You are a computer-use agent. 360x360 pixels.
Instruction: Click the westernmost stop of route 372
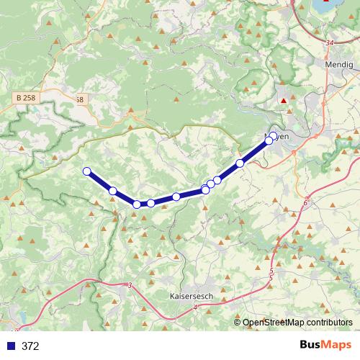pos(87,171)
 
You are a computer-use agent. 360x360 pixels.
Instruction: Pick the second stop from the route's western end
pos(113,191)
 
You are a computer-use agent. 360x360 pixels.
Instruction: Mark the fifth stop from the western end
pos(176,197)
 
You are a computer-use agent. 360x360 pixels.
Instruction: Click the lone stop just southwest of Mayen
pos(240,163)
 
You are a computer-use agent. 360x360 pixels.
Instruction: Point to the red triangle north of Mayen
pos(284,101)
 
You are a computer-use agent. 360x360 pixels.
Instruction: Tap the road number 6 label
pos(305,204)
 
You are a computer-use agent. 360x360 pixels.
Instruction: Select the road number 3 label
pos(130,286)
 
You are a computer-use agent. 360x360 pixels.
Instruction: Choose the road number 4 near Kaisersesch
pos(194,307)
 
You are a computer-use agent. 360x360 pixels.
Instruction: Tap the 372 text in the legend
pos(30,346)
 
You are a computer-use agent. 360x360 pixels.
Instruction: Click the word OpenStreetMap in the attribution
pos(274,323)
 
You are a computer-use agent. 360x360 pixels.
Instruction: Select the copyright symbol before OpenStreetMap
pos(238,323)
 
